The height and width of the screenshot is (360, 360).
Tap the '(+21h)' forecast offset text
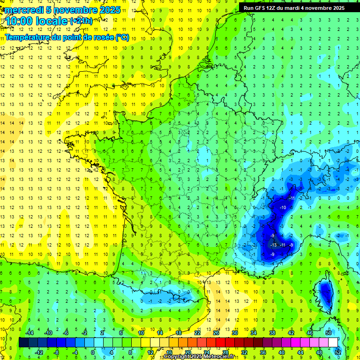coord(81,21)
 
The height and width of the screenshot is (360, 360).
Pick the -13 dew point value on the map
coord(274,245)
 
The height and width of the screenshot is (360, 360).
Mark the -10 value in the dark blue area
coord(283,207)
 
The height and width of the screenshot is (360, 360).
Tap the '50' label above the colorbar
coord(328,333)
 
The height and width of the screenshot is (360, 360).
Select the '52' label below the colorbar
coord(337,352)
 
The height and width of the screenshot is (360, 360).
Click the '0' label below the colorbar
coord(93,352)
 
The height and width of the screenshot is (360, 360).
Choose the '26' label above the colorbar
coord(216,333)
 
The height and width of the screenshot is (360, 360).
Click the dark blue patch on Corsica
coord(325,293)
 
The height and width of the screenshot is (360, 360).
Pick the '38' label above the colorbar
coord(272,333)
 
